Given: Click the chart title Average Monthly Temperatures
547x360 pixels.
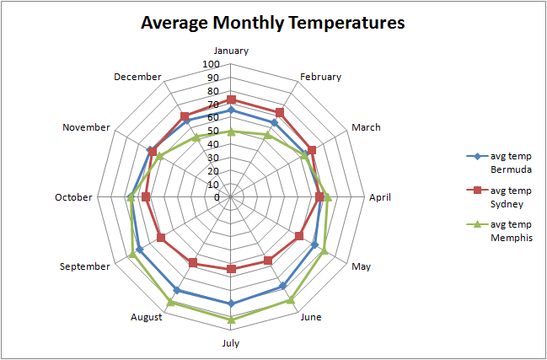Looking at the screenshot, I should [273, 22].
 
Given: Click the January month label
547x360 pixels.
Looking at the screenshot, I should [231, 51].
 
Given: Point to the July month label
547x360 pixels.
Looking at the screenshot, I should [231, 343].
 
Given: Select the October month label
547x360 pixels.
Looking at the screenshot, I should [73, 197].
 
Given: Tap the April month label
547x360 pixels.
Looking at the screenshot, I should [379, 197].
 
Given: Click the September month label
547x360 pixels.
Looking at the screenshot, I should [85, 266].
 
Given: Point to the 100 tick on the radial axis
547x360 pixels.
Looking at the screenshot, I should [211, 64].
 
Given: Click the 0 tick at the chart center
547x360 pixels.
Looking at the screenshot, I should [217, 197].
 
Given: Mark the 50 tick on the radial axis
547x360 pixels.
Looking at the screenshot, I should [213, 131].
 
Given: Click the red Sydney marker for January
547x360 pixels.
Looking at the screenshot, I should [231, 99].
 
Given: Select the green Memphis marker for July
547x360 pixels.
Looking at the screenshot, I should [231, 320].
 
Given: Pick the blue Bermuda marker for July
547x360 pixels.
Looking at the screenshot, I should [231, 304].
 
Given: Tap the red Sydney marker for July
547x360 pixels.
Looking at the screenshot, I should [231, 269].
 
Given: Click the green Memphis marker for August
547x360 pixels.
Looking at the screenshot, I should [171, 302].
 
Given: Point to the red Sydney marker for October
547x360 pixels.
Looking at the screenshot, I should [146, 197].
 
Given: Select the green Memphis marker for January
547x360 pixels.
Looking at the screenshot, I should [231, 132].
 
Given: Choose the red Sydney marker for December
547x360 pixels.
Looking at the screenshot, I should [185, 116].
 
